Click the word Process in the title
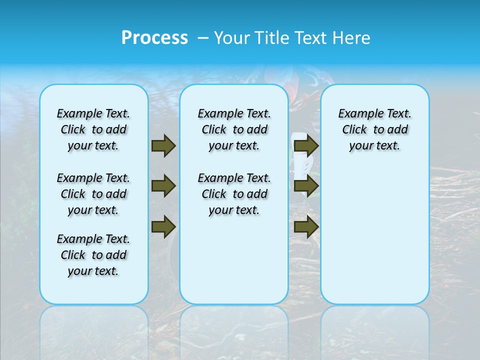(154, 37)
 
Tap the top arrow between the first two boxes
(163, 145)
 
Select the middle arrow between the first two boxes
(163, 186)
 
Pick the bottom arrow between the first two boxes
(163, 226)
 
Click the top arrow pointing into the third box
(306, 145)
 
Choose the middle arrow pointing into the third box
(306, 186)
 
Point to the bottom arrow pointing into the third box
(306, 226)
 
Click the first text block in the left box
(93, 129)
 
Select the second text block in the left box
(93, 194)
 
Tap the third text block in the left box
(93, 255)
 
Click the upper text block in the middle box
(234, 129)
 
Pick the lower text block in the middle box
(234, 194)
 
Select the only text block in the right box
(374, 129)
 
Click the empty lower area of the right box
(374, 235)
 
